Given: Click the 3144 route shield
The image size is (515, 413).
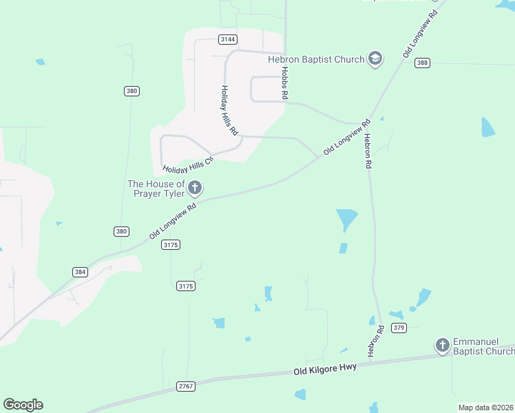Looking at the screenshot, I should [229, 39].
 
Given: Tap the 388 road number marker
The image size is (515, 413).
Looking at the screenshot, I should [423, 63].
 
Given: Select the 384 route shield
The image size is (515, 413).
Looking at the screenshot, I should [81, 272].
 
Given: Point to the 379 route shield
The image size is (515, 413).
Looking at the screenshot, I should [399, 328].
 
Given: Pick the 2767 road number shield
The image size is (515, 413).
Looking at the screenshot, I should [186, 386].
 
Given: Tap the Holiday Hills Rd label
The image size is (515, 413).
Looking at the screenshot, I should [229, 110].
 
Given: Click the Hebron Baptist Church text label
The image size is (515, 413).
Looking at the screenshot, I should [316, 59].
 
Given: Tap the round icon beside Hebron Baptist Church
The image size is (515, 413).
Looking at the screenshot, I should [375, 59].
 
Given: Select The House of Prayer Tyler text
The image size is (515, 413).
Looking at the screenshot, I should [156, 189].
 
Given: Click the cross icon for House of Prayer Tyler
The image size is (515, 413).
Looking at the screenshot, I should [196, 187].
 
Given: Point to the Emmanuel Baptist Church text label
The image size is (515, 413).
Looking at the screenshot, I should [483, 347].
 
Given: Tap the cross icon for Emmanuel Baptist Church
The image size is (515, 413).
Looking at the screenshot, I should [442, 345].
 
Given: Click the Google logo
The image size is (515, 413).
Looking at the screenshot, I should [23, 405].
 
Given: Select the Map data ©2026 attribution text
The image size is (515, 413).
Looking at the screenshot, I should [485, 407].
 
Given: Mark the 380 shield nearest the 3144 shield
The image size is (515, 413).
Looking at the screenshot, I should [131, 91].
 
